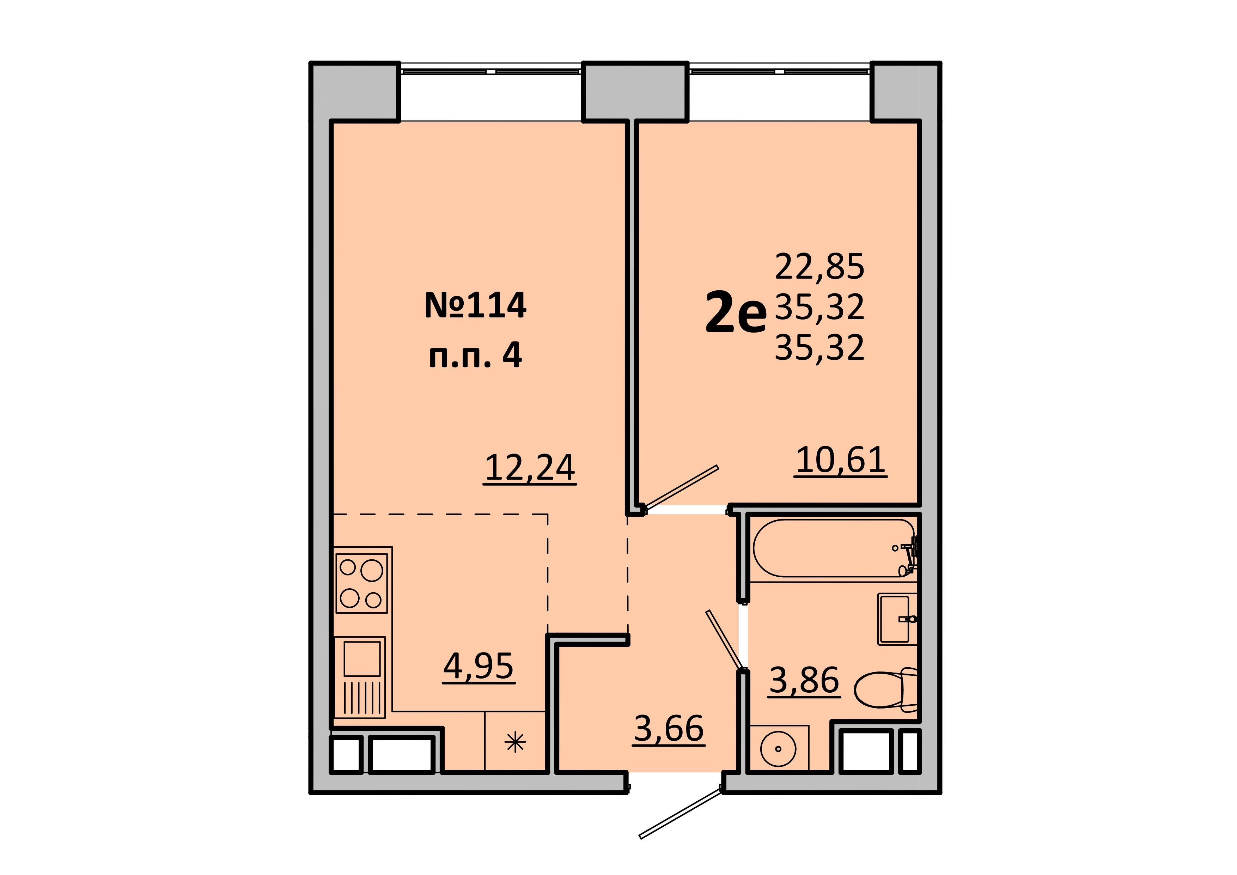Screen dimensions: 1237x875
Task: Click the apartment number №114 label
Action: click(475, 305)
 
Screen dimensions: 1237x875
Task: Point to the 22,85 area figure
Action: click(819, 266)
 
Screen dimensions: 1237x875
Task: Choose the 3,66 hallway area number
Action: click(669, 728)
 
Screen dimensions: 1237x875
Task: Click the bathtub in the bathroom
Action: click(834, 548)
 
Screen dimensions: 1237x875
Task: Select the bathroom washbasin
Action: click(897, 619)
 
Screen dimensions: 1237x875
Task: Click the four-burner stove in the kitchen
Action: click(361, 584)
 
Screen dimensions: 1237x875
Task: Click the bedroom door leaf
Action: click(682, 487)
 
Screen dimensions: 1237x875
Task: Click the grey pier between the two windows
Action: click(636, 92)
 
